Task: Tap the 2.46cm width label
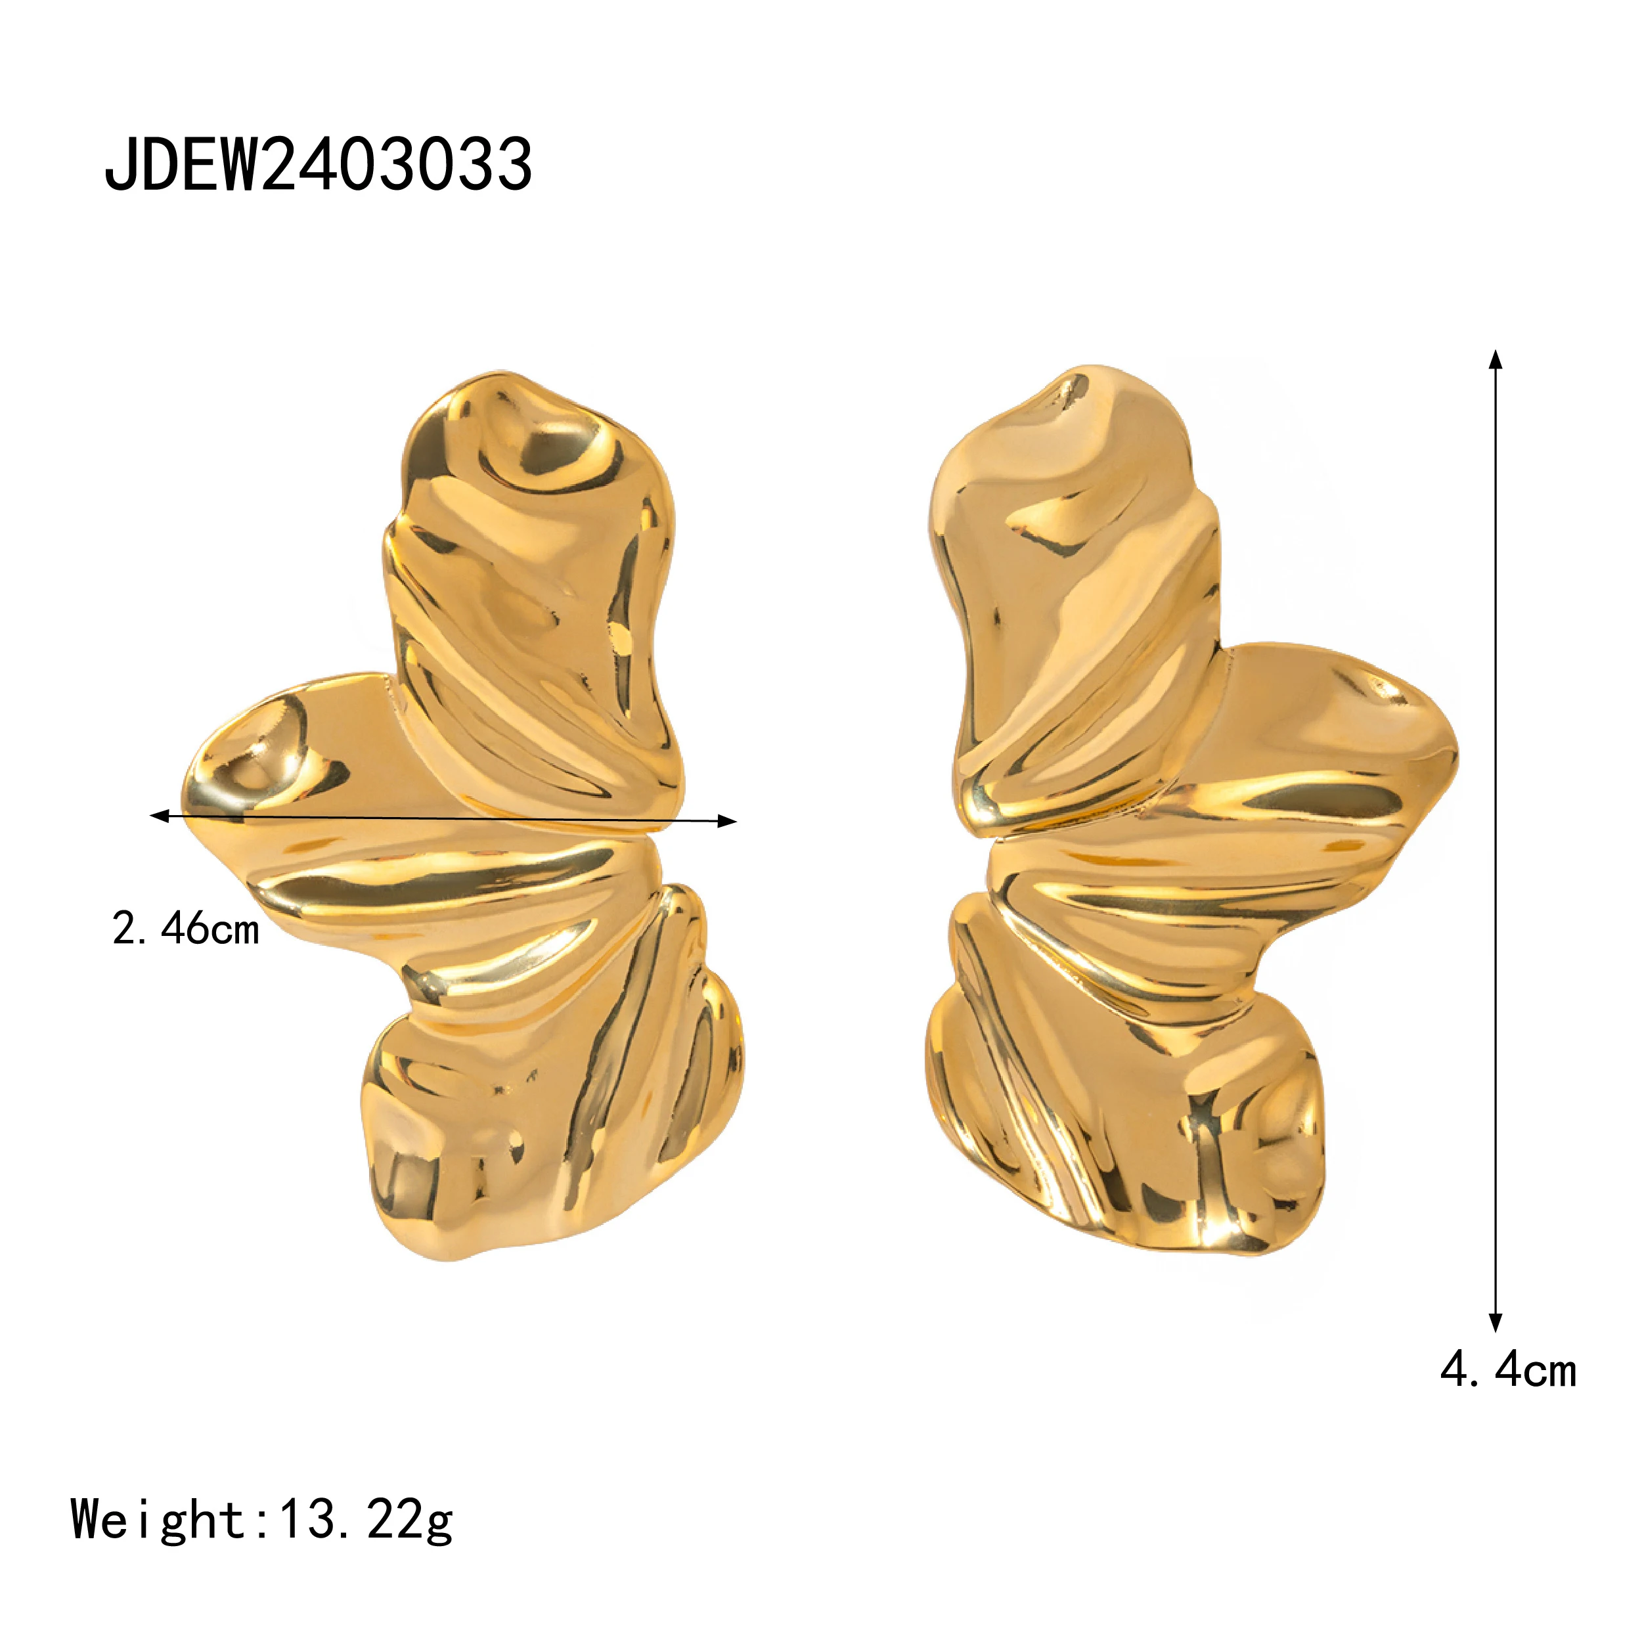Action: pos(185,928)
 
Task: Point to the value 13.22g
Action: pos(367,1519)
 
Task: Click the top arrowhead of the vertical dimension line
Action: pos(1496,359)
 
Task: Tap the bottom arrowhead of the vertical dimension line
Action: pos(1496,1321)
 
